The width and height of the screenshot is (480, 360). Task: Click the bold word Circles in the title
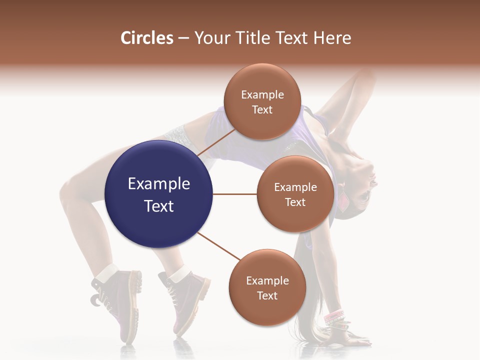147,38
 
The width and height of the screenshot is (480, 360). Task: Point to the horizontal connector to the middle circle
235,194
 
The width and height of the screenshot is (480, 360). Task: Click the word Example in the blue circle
158,184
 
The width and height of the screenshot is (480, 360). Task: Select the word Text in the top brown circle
262,110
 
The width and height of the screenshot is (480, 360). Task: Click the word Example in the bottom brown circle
267,281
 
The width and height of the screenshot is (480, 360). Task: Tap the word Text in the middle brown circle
295,202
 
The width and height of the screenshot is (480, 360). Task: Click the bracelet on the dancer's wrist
334,316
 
